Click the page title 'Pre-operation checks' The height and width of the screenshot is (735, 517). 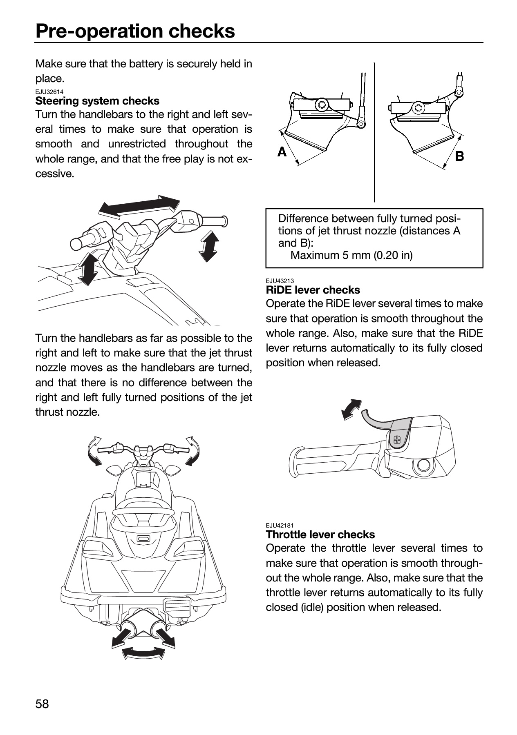pos(135,31)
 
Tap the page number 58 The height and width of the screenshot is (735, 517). pos(42,704)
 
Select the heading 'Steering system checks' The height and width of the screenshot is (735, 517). pos(97,101)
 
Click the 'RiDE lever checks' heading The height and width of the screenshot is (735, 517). pos(313,290)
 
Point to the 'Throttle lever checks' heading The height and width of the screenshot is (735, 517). pos(320,535)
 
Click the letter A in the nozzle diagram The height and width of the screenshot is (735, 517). pos(282,152)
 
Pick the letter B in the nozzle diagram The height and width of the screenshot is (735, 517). pos(459,156)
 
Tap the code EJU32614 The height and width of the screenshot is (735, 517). pos(49,92)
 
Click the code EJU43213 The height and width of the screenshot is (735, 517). pos(280,281)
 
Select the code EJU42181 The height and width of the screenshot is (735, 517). pos(280,526)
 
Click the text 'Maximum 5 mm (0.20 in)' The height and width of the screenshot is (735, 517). pos(351,255)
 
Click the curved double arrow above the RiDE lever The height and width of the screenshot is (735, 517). pos(351,409)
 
